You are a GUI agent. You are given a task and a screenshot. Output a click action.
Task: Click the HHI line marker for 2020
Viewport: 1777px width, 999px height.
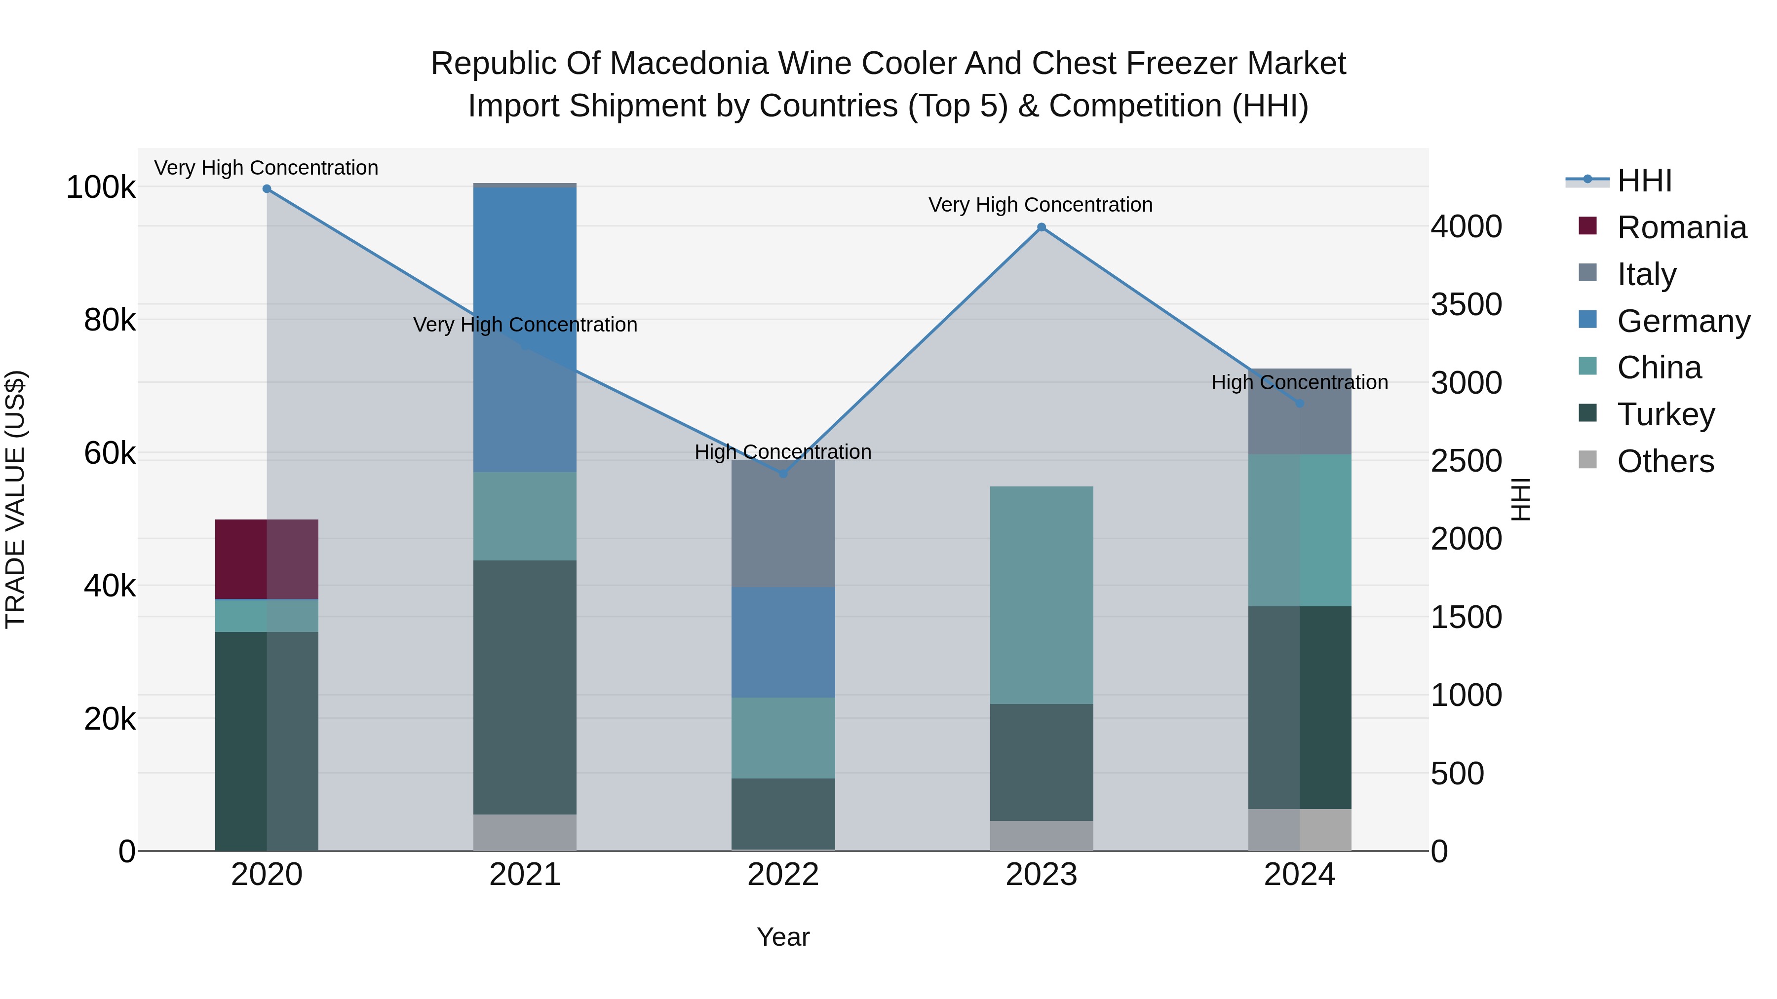click(x=267, y=189)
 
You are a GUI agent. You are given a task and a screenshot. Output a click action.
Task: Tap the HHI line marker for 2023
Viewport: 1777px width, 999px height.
click(x=1042, y=227)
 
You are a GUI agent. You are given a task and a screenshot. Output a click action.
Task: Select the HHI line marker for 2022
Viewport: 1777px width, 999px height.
click(x=783, y=474)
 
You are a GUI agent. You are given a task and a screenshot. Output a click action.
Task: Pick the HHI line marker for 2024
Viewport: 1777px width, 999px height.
click(x=1300, y=404)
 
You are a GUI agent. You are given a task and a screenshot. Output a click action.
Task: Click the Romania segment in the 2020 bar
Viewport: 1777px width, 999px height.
click(x=267, y=559)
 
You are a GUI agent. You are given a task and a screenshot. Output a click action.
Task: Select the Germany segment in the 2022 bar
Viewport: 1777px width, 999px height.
click(x=783, y=642)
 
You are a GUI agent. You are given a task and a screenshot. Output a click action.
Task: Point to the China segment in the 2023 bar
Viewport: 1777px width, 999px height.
click(x=1042, y=595)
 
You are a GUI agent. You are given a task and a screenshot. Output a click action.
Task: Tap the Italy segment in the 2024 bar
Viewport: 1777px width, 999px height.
click(x=1300, y=411)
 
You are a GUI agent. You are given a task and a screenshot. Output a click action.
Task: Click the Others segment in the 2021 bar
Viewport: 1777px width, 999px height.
click(x=525, y=832)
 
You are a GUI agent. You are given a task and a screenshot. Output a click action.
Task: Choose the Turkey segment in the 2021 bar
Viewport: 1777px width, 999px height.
click(x=525, y=687)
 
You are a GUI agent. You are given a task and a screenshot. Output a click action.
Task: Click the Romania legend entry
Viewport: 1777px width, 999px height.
click(x=1681, y=227)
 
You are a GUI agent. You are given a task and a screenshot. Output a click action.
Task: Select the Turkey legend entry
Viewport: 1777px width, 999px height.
click(x=1665, y=414)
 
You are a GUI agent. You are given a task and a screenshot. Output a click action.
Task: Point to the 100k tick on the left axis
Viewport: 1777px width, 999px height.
click(x=101, y=187)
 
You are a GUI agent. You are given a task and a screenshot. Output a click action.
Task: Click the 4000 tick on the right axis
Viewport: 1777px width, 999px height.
click(x=1467, y=227)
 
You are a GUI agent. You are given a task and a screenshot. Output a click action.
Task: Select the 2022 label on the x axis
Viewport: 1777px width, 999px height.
click(x=783, y=875)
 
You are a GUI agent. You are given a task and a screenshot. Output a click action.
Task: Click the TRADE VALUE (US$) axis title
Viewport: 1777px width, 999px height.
click(x=15, y=499)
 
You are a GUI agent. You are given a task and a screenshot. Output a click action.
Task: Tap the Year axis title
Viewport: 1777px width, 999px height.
click(x=783, y=937)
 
